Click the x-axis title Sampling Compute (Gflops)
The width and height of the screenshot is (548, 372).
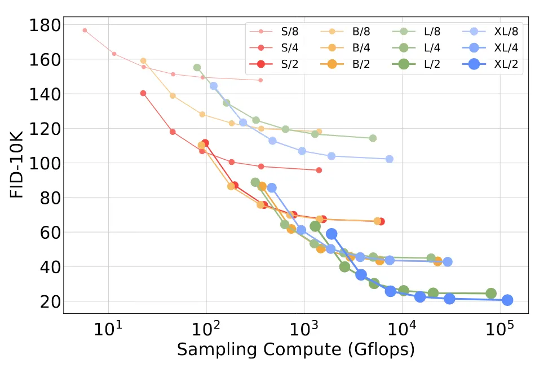pyautogui.click(x=296, y=350)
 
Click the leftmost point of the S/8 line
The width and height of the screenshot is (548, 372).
pyautogui.click(x=85, y=30)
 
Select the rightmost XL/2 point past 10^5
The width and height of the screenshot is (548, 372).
pyautogui.click(x=507, y=300)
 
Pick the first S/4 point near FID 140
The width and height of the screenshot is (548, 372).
pyautogui.click(x=143, y=93)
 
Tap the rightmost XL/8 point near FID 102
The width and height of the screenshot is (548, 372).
pyautogui.click(x=389, y=159)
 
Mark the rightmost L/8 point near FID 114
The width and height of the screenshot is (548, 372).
pyautogui.click(x=373, y=138)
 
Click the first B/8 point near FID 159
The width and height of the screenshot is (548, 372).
pyautogui.click(x=143, y=61)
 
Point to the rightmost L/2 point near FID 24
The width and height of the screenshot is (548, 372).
pyautogui.click(x=491, y=294)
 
